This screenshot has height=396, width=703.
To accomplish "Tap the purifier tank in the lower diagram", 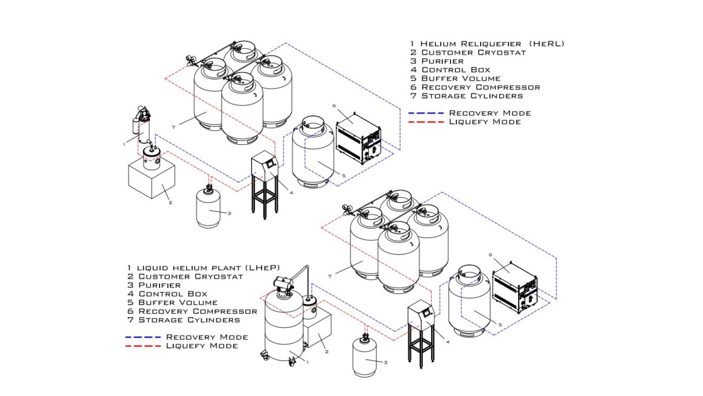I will coord(366,359).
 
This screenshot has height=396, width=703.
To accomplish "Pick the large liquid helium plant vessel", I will coord(284,330).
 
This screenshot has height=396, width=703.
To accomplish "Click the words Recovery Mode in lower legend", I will coord(207,337).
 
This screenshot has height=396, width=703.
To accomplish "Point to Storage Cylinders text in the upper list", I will coord(472,96).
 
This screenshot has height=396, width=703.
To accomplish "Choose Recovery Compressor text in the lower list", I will coord(197,311).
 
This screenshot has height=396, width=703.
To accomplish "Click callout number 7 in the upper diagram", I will coord(173,127).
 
